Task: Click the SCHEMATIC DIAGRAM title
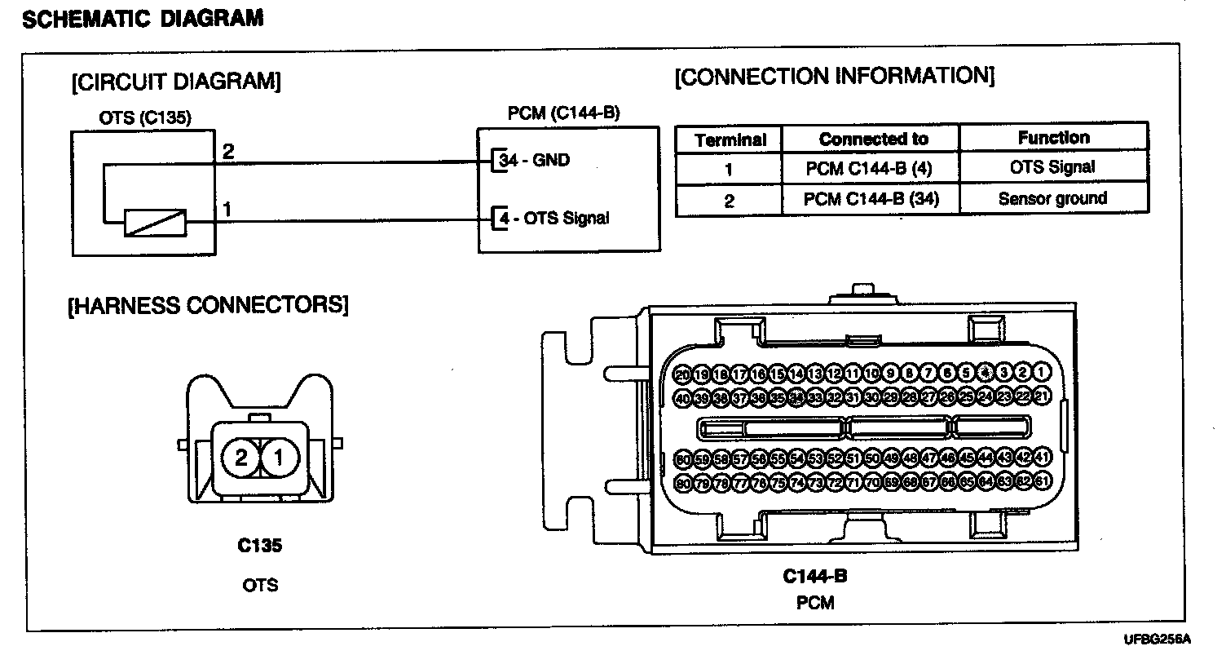pyautogui.click(x=143, y=19)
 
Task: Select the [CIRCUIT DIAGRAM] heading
pyautogui.click(x=176, y=82)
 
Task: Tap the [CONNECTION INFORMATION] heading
pyautogui.click(x=835, y=77)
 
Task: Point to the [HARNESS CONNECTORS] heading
pyautogui.click(x=208, y=305)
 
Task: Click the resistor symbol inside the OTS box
pyautogui.click(x=155, y=222)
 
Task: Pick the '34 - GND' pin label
pyautogui.click(x=535, y=160)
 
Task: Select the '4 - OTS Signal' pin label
pyautogui.click(x=553, y=219)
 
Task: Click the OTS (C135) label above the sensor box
pyautogui.click(x=145, y=118)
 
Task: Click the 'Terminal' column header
pyautogui.click(x=730, y=139)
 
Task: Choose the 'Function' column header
pyautogui.click(x=1053, y=138)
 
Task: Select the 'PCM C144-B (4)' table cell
pyautogui.click(x=869, y=169)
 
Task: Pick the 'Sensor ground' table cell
pyautogui.click(x=1052, y=198)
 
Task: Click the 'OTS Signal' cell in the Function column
pyautogui.click(x=1052, y=168)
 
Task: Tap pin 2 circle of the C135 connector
pyautogui.click(x=240, y=458)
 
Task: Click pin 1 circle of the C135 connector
pyautogui.click(x=279, y=458)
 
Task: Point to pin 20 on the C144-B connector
pyautogui.click(x=683, y=374)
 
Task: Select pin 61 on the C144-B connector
pyautogui.click(x=1042, y=483)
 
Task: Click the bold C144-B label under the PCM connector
pyautogui.click(x=815, y=577)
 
